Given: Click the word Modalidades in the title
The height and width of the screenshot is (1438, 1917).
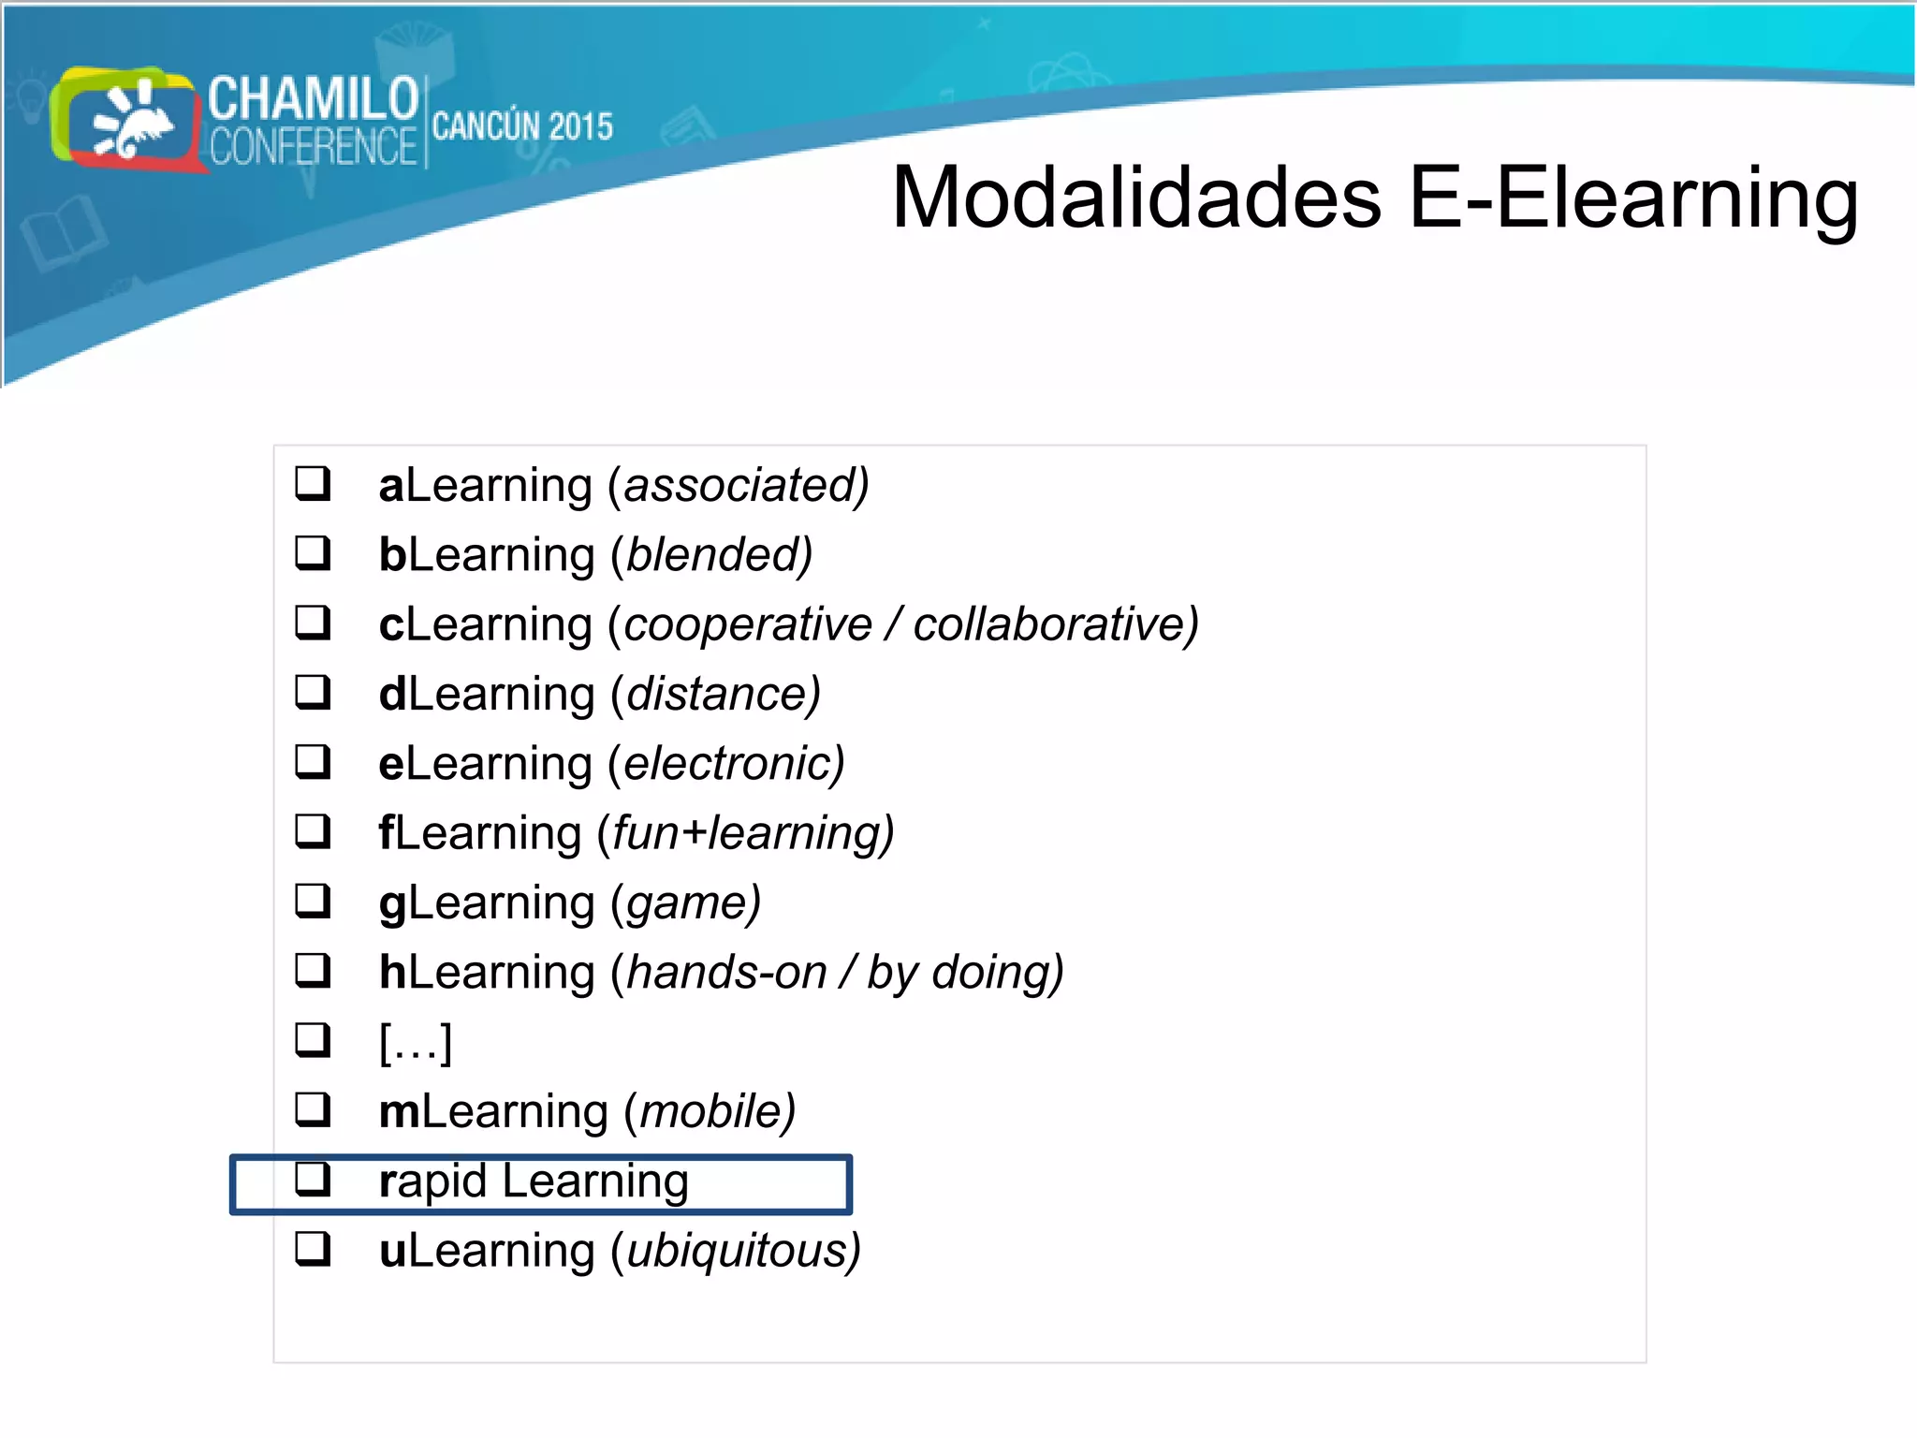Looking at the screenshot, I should tap(1136, 198).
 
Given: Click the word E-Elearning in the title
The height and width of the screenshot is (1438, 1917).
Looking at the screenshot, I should tap(1632, 198).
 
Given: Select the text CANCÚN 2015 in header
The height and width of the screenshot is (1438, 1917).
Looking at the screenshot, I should tap(522, 126).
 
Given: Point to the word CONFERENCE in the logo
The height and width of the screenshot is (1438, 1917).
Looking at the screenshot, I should tap(313, 147).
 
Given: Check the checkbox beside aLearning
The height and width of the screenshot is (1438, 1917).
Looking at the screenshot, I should tap(313, 484).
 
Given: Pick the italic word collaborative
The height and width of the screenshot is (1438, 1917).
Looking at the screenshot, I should tap(1050, 624).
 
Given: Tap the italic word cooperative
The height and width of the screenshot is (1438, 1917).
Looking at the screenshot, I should tap(747, 624).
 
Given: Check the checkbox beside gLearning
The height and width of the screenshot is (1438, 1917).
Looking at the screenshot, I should tap(313, 901).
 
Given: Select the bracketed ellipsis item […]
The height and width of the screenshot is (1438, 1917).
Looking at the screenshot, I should tap(416, 1041).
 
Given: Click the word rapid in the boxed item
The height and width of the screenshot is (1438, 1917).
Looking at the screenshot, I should tap(432, 1181).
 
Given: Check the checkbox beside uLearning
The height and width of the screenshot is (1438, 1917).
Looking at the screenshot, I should tap(313, 1249).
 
